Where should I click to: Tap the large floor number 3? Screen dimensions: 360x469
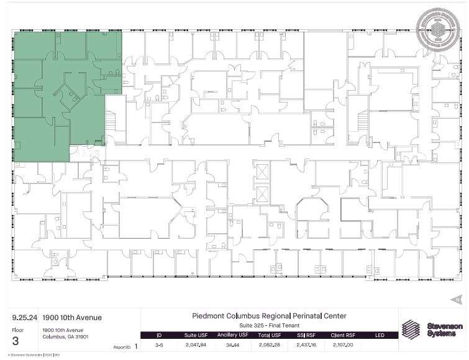(16, 341)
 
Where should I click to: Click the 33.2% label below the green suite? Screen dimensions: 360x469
(83, 150)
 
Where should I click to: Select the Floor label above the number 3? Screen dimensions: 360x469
(17, 330)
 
